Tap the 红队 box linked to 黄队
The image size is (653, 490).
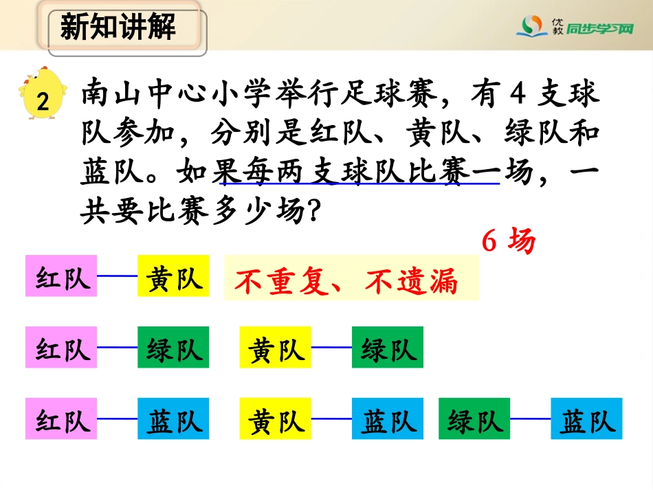click(x=61, y=276)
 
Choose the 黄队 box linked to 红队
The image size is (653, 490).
click(x=174, y=276)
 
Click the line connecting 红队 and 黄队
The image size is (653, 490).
click(x=117, y=276)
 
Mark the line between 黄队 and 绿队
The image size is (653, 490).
click(x=331, y=347)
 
